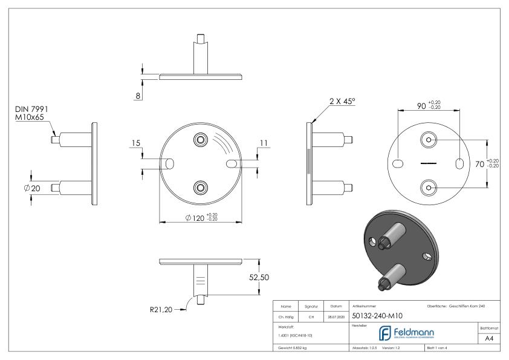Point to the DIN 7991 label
31,109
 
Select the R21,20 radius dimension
160,310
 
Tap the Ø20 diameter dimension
31,188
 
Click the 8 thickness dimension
138,96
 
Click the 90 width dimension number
421,106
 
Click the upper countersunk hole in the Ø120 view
200,140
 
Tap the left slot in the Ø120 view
169,164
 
